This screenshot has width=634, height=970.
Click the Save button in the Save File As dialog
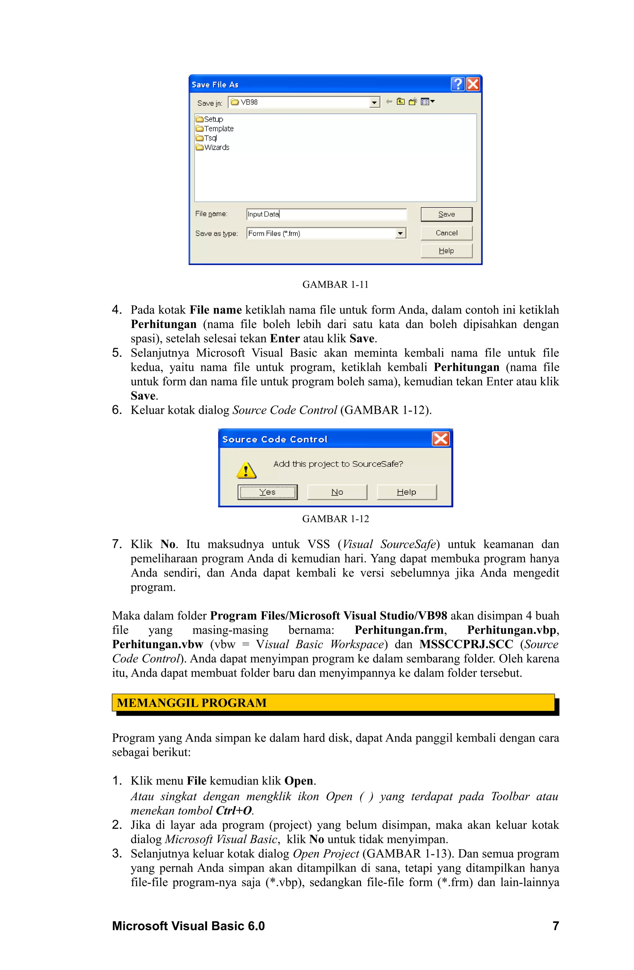point(446,214)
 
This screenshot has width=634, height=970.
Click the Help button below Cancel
point(446,251)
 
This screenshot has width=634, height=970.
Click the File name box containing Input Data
point(326,214)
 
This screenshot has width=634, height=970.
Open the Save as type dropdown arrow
point(400,233)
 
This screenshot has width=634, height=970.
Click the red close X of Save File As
point(473,84)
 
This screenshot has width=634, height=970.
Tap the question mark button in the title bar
point(458,84)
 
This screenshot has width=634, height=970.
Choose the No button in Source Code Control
point(337,492)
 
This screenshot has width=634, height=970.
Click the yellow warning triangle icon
point(246,470)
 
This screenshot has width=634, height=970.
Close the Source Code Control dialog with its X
point(441,439)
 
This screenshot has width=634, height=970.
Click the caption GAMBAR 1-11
point(335,285)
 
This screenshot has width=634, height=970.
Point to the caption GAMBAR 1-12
point(335,519)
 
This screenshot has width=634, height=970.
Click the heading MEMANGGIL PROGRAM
point(192,703)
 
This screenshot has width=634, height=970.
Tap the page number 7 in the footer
point(555,926)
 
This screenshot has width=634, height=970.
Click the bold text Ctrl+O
point(233,810)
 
